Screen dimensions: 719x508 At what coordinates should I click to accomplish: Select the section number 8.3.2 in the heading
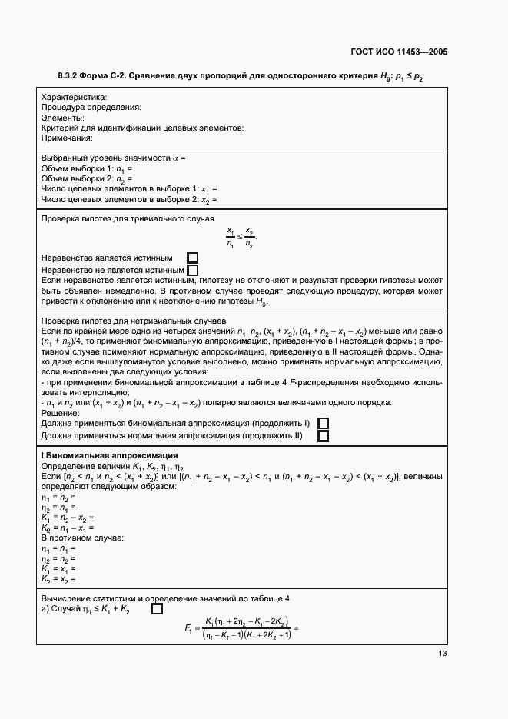pos(71,76)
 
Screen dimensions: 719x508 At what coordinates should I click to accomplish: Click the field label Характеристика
pos(74,98)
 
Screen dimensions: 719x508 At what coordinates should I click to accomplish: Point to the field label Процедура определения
pos(90,108)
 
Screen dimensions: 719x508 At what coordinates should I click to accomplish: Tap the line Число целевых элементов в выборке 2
pos(128,199)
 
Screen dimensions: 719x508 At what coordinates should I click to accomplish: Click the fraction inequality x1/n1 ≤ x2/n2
pos(241,238)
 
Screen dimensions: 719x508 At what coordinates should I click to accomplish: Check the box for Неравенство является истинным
pos(193,258)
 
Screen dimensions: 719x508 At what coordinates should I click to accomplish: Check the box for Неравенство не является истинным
pos(193,270)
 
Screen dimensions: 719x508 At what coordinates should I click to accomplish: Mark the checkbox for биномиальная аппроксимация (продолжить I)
pos(323,424)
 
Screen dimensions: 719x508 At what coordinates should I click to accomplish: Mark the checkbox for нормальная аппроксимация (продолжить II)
pos(323,436)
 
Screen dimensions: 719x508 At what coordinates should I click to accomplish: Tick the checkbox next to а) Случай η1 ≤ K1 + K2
pos(157,610)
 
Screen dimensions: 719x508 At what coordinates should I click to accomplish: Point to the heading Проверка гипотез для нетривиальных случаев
pos(132,320)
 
